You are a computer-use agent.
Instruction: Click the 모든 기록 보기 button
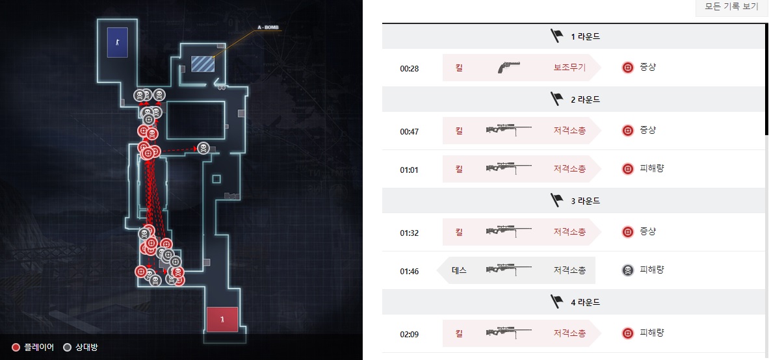731,7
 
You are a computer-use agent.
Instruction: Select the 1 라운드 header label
585,36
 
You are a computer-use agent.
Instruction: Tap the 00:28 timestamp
409,68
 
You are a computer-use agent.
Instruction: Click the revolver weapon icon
510,68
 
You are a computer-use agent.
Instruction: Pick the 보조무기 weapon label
569,67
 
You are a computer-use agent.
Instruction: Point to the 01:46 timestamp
409,270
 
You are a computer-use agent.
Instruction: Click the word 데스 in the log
459,270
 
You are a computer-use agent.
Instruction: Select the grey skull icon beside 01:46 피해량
627,270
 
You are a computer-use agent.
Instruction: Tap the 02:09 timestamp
409,334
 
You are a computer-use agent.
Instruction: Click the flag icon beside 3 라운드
556,201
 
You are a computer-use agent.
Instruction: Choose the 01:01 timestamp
409,169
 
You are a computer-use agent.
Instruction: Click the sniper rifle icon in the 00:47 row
509,131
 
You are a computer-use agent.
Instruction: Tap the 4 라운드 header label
585,302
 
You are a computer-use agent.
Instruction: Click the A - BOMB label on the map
268,27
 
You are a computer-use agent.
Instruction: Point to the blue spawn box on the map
117,42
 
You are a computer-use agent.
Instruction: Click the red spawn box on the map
222,319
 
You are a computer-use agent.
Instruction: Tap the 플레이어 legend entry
33,348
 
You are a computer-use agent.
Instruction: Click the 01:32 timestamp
409,232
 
